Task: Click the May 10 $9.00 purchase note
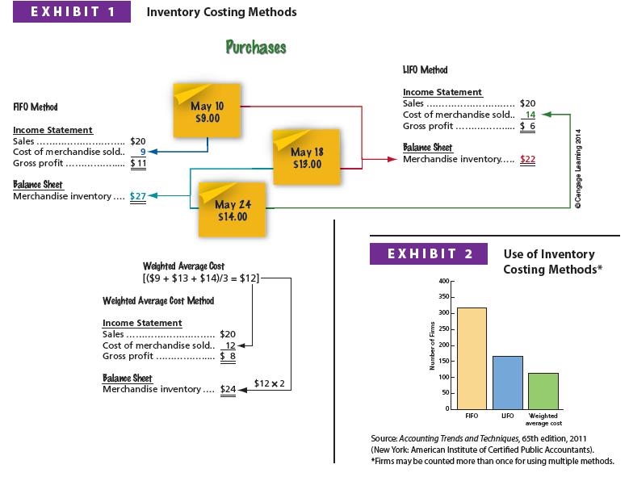[207, 111]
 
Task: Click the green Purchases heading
[256, 47]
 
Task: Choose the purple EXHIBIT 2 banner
[429, 253]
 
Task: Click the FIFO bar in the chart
[472, 358]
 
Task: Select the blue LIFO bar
[508, 382]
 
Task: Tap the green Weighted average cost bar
[543, 391]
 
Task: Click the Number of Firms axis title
[433, 345]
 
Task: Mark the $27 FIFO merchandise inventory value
[138, 196]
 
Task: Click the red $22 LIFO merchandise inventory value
[528, 159]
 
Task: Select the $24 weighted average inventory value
[229, 389]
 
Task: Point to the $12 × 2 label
[270, 383]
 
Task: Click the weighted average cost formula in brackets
[201, 278]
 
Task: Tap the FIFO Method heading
[36, 107]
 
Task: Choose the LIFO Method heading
[425, 70]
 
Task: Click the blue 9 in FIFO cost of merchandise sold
[143, 152]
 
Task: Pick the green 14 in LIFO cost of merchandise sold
[530, 115]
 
